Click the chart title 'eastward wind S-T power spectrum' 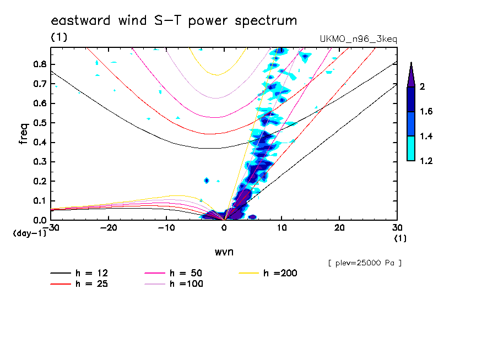click(174, 21)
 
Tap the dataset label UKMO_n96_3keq click(358, 39)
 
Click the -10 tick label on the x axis click(166, 227)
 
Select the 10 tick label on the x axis click(282, 227)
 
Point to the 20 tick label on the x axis click(339, 227)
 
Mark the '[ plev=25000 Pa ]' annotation click(364, 263)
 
